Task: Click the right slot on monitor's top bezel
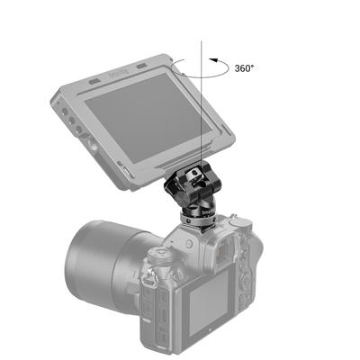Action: (144, 67)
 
